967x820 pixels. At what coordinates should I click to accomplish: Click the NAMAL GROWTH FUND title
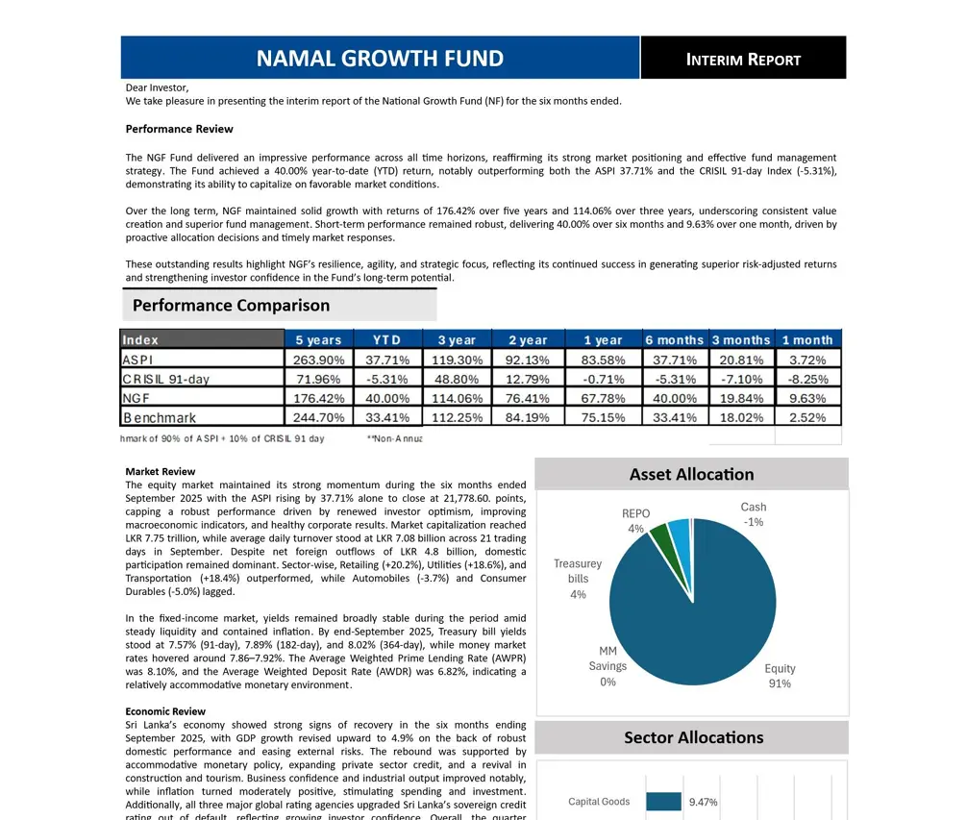click(380, 59)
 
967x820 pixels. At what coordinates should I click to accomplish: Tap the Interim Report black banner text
click(743, 60)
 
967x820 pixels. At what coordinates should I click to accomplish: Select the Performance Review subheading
click(179, 129)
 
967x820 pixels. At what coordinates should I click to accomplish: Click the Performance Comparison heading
click(231, 306)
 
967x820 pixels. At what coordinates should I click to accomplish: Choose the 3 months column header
click(741, 339)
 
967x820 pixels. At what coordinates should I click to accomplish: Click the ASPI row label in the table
click(137, 360)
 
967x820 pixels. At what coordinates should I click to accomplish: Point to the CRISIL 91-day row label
click(165, 379)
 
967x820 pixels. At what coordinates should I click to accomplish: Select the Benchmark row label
click(160, 417)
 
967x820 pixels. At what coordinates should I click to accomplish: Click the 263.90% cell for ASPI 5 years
click(319, 360)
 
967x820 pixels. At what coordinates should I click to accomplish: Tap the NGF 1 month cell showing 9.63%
click(807, 398)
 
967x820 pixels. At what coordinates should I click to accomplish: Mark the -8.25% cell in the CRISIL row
click(807, 379)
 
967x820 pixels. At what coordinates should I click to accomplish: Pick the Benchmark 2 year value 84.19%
click(528, 417)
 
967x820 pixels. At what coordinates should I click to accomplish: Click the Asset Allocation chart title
click(691, 474)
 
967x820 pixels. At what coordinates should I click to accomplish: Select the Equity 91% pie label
click(780, 676)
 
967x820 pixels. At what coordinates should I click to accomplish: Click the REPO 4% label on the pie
click(635, 521)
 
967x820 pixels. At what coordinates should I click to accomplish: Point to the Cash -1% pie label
click(754, 514)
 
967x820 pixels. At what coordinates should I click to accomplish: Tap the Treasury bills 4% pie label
click(578, 579)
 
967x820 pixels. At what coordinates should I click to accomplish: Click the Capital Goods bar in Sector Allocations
click(663, 802)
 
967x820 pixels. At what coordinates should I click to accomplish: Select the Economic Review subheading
click(165, 711)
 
